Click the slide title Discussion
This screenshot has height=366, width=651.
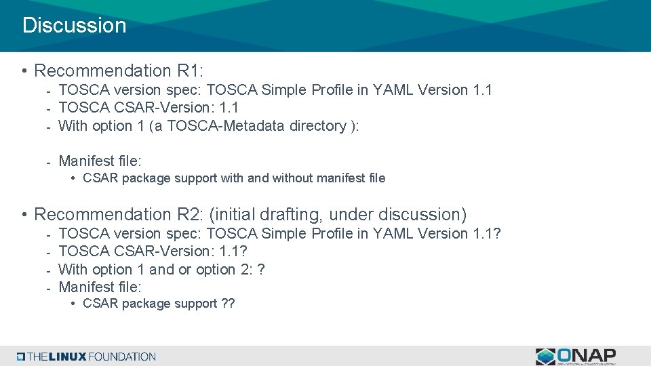[75, 26]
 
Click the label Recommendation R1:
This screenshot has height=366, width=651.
[119, 70]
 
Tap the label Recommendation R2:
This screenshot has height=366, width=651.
[119, 215]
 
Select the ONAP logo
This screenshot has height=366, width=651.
[576, 357]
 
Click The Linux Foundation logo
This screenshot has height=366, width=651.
[86, 357]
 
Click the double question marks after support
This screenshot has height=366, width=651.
[228, 304]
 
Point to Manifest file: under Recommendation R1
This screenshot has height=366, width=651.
[100, 161]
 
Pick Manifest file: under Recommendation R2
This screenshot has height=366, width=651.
[100, 287]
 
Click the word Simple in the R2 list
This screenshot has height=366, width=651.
[284, 234]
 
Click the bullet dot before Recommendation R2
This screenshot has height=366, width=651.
[24, 216]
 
